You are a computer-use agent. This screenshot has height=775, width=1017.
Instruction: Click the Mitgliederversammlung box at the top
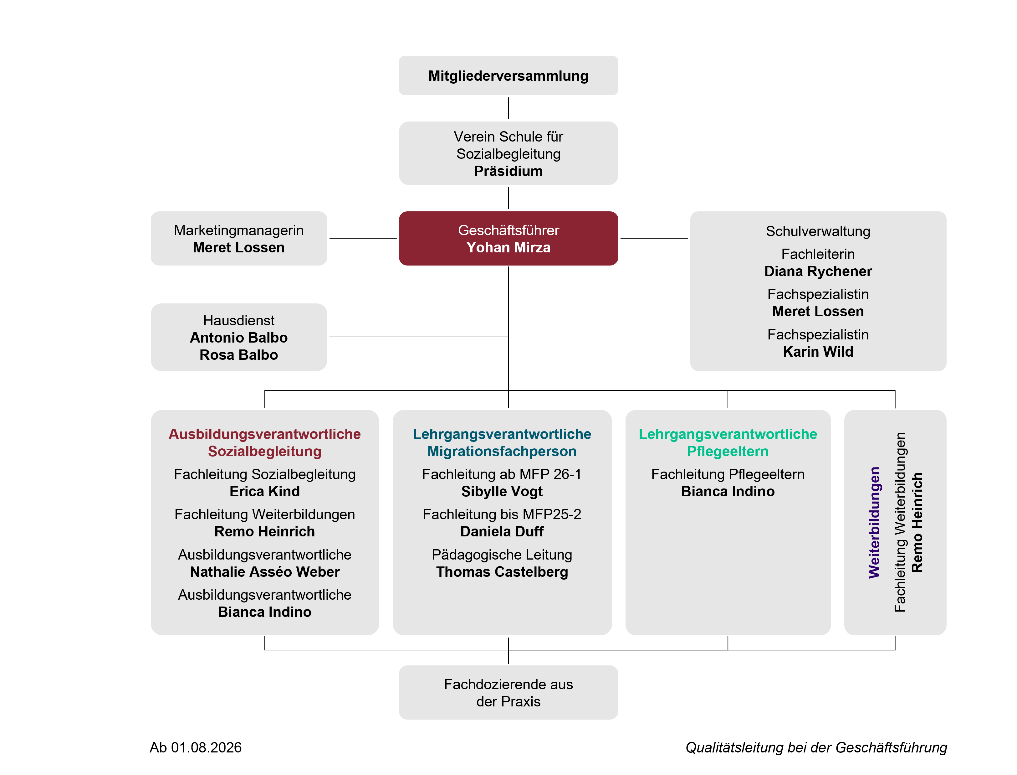pos(508,76)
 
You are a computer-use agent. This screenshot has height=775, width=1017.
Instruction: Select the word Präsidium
pos(508,171)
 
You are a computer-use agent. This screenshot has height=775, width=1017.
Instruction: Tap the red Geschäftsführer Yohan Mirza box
pos(508,239)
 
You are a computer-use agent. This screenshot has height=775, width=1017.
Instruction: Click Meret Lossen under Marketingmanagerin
pos(238,248)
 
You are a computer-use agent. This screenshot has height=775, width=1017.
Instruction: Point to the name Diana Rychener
pos(818,271)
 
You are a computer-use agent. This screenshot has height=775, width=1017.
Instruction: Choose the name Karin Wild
pos(818,352)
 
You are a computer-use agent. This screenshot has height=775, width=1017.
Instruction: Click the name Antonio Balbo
pos(238,338)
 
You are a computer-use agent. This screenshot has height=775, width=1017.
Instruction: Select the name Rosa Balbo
pos(238,355)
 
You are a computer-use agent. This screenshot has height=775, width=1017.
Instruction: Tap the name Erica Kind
pos(265,491)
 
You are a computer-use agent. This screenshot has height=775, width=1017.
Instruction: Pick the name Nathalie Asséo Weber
pos(265,572)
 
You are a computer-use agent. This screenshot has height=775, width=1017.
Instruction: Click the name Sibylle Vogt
pos(502,492)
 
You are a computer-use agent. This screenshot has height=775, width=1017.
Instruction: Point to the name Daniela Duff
pos(502,531)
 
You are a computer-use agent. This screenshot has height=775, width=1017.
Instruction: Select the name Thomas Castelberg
pos(502,572)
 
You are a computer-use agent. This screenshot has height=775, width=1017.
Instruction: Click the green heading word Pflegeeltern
pos(728,452)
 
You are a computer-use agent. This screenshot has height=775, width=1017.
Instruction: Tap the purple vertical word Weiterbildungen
pos(875,523)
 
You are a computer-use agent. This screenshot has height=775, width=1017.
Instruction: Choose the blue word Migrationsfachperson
pos(502,452)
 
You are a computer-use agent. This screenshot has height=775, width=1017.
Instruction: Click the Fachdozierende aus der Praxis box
pos(508,692)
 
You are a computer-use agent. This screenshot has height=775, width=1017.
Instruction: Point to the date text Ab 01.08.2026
pos(196,747)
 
